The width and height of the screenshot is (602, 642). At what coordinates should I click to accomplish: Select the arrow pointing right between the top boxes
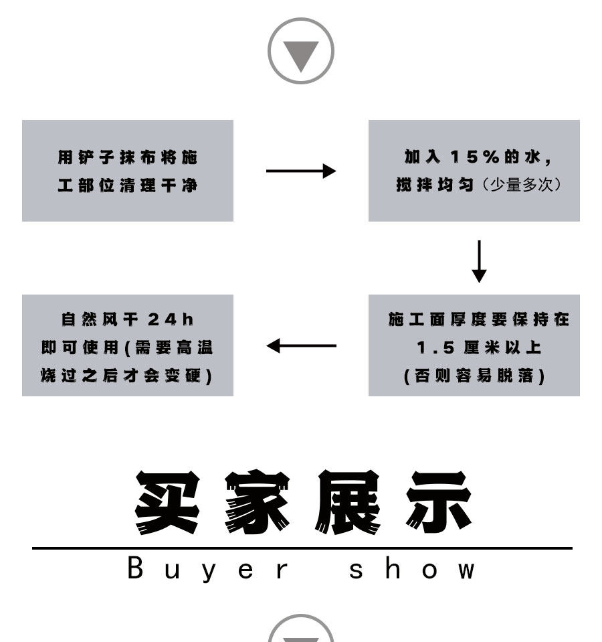pyautogui.click(x=300, y=171)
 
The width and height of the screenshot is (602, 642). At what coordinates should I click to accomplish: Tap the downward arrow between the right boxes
pyautogui.click(x=479, y=261)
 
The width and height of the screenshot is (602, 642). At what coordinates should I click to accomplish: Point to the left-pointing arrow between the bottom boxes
pyautogui.click(x=301, y=345)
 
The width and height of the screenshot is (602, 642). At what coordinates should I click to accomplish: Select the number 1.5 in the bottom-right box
pyautogui.click(x=432, y=347)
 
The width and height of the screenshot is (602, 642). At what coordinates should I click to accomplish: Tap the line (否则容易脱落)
pyautogui.click(x=474, y=376)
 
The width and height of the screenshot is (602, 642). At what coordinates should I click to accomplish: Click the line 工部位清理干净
pyautogui.click(x=127, y=185)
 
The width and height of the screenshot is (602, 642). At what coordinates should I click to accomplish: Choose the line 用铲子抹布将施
pyautogui.click(x=127, y=157)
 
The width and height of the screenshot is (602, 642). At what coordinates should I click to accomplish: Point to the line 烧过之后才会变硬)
pyautogui.click(x=127, y=376)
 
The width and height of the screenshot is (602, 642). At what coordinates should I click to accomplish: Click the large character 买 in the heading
pyautogui.click(x=167, y=502)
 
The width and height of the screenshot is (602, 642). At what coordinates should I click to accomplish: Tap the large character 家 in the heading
pyautogui.click(x=257, y=502)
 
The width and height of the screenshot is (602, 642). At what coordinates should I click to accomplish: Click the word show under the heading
pyautogui.click(x=412, y=570)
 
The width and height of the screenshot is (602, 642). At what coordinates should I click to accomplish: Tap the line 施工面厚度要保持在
pyautogui.click(x=478, y=319)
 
